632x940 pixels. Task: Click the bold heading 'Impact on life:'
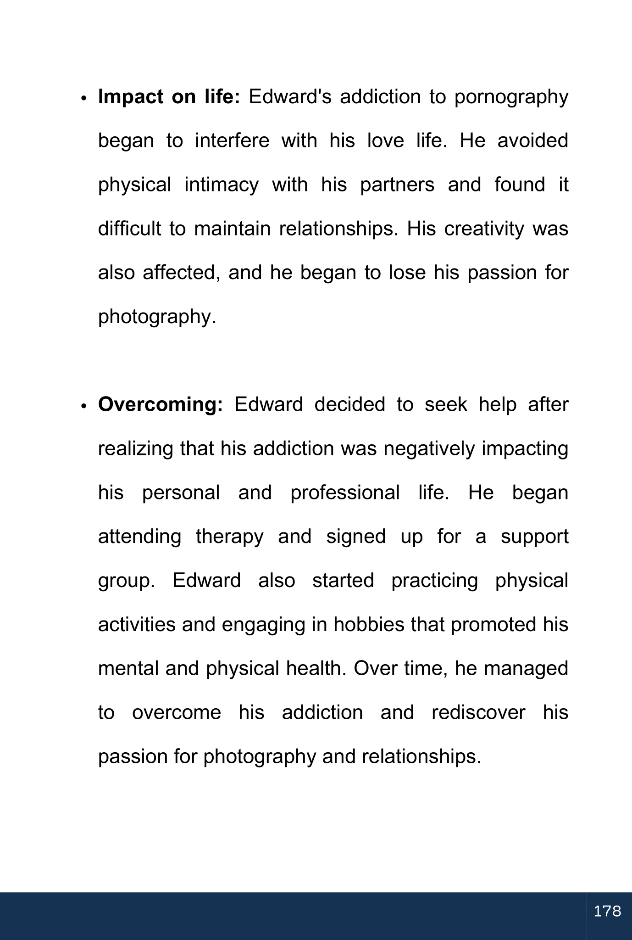(169, 97)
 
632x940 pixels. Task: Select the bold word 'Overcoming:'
(161, 405)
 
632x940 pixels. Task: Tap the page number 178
(607, 911)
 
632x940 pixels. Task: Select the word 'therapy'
(230, 537)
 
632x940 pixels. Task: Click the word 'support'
(534, 537)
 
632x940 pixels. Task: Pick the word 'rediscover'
(478, 713)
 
